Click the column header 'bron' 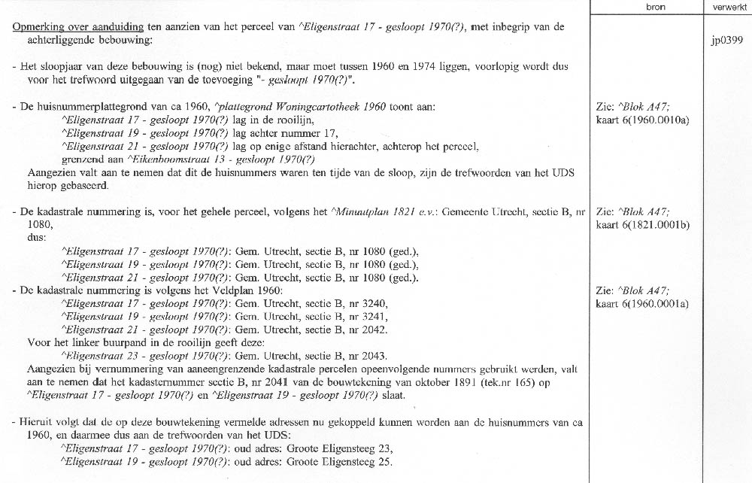click(655, 7)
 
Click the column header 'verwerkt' click(725, 7)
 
